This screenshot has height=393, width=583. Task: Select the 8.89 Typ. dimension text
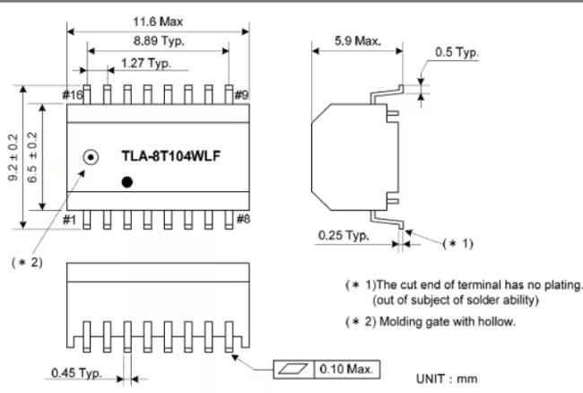pos(158,41)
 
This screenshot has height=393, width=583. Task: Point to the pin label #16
pos(73,95)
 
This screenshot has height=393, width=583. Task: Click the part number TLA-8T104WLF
pos(171,156)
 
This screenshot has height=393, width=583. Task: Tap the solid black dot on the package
pos(127,182)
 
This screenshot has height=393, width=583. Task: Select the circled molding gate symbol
pos(90,157)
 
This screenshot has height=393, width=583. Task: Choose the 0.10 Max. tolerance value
pos(346,369)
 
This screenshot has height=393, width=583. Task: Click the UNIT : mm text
pos(449,379)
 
